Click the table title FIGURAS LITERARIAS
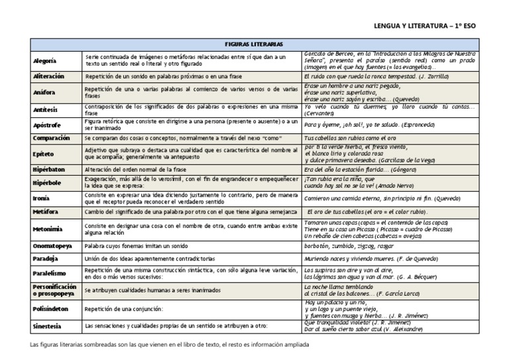[x=254, y=44]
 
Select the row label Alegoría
[x=45, y=60]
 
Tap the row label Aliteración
[x=48, y=76]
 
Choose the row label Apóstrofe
[x=46, y=124]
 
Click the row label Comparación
[x=51, y=138]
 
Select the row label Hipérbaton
[x=49, y=169]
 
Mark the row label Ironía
[x=41, y=198]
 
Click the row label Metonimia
[x=48, y=229]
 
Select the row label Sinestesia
[x=48, y=327]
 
